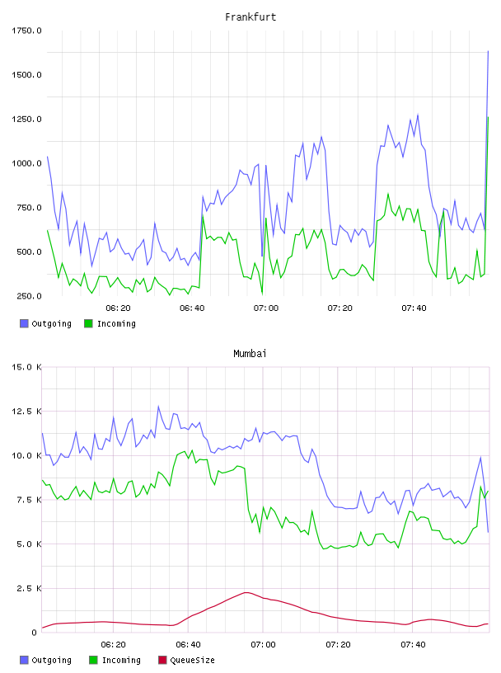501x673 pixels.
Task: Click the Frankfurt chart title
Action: tap(250, 17)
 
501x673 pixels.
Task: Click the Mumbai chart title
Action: tap(250, 354)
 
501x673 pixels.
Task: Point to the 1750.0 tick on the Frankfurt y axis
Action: tap(26, 31)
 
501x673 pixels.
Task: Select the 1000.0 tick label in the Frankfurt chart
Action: tap(26, 163)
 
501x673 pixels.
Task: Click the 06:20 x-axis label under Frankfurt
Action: tap(118, 308)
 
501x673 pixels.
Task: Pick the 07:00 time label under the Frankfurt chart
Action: tap(266, 308)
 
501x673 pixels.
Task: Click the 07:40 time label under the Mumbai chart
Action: tap(413, 645)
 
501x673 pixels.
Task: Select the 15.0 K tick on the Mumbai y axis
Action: tap(26, 367)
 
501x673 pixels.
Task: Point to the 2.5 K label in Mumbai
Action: tap(29, 588)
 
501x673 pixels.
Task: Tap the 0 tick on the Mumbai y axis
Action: tap(34, 633)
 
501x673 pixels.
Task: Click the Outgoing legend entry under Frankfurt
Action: tap(45, 323)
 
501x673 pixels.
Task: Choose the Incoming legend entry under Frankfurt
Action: tap(110, 323)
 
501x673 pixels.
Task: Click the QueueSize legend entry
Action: tap(186, 660)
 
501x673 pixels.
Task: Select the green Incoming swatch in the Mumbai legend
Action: tap(93, 660)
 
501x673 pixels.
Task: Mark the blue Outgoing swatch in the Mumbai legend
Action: tap(24, 660)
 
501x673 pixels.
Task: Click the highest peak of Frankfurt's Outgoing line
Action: tap(488, 51)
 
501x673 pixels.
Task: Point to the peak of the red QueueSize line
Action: tap(246, 592)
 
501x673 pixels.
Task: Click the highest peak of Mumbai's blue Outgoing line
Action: tap(158, 406)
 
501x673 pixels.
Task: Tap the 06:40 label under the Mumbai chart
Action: tap(188, 645)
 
